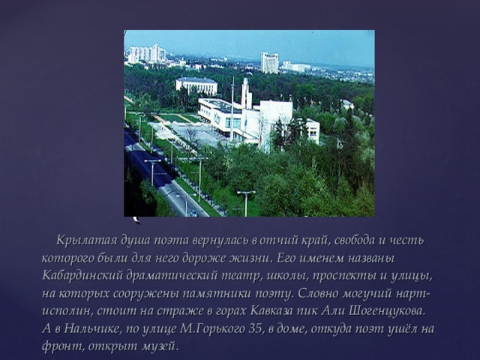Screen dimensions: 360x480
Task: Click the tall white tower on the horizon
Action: click(269, 62)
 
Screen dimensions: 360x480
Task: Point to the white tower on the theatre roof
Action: click(246, 93)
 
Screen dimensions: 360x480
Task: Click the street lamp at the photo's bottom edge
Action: click(246, 201)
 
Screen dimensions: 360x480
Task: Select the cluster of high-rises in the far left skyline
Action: click(146, 54)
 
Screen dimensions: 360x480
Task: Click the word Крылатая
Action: click(82, 240)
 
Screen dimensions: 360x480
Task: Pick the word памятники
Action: click(233, 293)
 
